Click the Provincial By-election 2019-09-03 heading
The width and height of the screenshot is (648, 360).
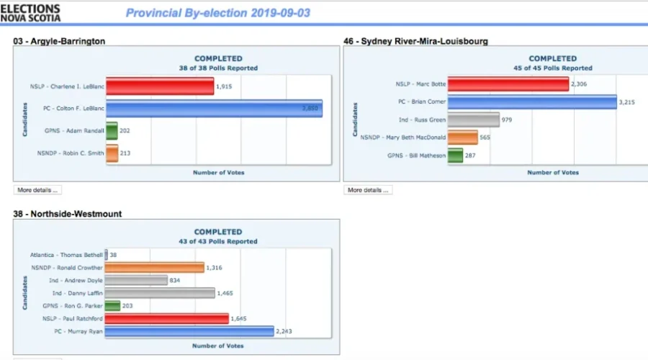tap(218, 13)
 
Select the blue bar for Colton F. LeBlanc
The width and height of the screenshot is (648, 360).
tap(214, 109)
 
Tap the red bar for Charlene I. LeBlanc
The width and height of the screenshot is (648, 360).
tap(160, 87)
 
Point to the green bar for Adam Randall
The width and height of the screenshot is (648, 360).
tap(112, 131)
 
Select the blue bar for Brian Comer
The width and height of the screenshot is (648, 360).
tap(532, 102)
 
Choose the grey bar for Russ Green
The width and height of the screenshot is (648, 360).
tap(473, 120)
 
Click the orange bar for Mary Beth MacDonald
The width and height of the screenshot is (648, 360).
tap(462, 137)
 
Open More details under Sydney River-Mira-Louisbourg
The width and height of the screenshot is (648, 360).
tap(367, 190)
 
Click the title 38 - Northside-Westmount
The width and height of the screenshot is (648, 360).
tap(67, 214)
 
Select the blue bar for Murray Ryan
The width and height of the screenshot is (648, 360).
tap(189, 331)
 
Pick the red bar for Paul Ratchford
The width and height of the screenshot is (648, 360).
tap(167, 318)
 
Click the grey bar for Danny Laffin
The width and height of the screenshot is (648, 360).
tap(160, 293)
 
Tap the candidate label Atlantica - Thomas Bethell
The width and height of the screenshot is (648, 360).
tap(67, 255)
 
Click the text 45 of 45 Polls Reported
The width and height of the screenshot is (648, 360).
tap(552, 68)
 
